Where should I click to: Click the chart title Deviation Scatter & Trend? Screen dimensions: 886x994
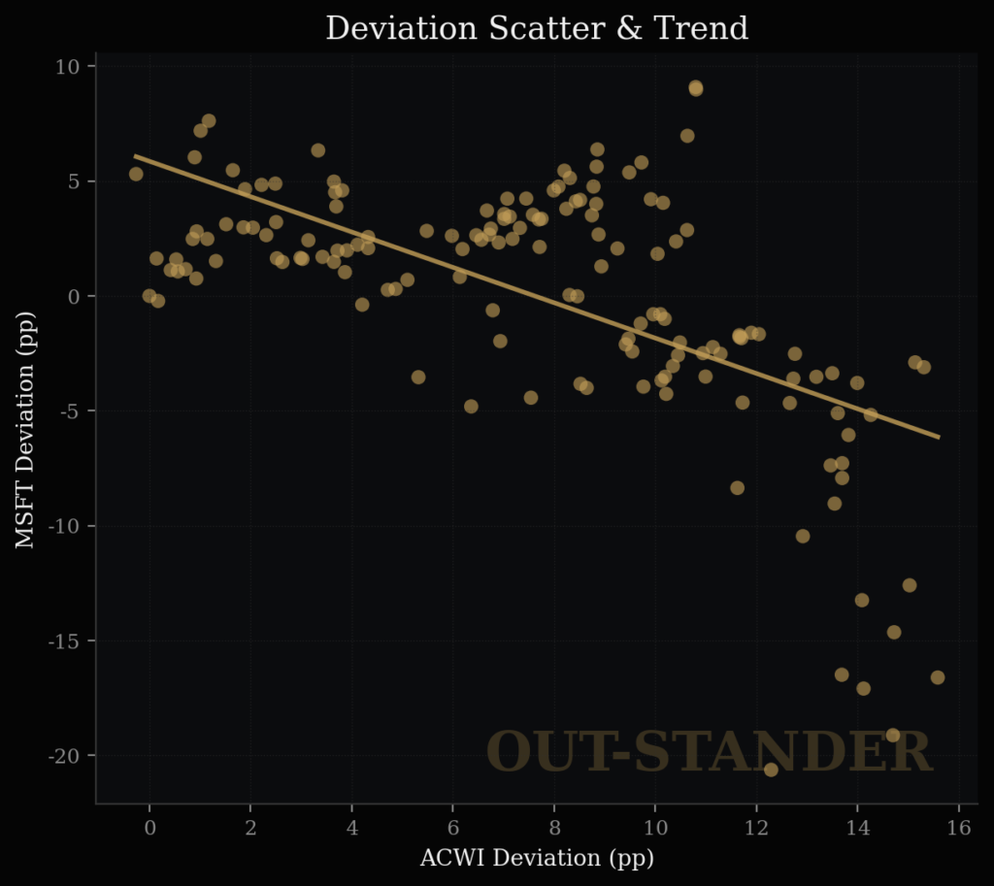(x=537, y=28)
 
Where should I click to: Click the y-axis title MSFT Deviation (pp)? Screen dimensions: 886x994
(x=25, y=430)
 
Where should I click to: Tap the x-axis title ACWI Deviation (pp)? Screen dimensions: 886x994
(x=537, y=859)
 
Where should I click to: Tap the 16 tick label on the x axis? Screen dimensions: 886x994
(x=959, y=828)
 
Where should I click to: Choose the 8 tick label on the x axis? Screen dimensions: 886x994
(x=554, y=828)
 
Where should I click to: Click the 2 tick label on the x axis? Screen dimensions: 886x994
(x=250, y=828)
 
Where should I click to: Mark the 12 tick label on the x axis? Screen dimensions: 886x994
(x=757, y=828)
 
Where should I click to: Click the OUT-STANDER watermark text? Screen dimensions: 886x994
(x=709, y=753)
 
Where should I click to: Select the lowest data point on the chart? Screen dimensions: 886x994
(x=771, y=770)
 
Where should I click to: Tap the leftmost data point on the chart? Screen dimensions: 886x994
(x=136, y=174)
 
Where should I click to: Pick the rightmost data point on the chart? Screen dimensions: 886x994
(x=938, y=677)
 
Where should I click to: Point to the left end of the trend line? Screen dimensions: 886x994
(x=135, y=155)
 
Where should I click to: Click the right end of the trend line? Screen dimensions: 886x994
(x=939, y=438)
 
